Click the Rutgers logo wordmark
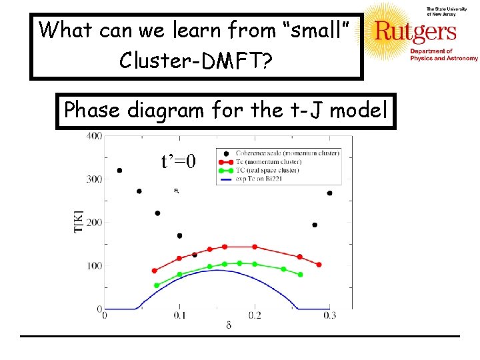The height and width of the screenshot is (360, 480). click(415, 32)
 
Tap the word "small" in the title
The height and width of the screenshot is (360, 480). click(317, 30)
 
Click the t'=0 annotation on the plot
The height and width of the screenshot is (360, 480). click(178, 161)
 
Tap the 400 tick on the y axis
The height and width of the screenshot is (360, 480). click(93, 137)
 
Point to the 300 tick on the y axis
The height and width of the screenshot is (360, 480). click(93, 179)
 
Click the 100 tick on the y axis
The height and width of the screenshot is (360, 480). click(93, 266)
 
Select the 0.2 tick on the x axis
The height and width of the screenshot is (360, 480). click(255, 315)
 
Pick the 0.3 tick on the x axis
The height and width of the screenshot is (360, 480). click(329, 315)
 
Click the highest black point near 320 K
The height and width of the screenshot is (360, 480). click(119, 171)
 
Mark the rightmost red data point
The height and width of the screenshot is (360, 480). click(319, 265)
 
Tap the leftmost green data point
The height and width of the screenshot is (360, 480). click(157, 285)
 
